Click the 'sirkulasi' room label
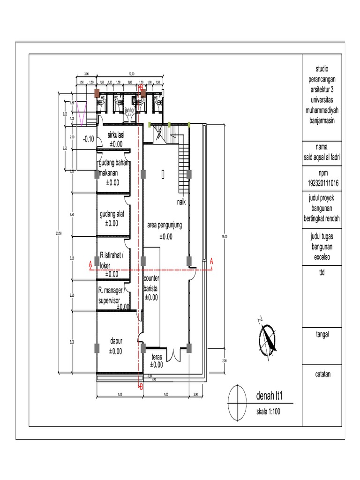[115, 135]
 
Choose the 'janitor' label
[129, 109]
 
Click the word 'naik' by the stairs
[181, 202]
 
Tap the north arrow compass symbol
[268, 337]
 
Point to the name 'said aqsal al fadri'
[322, 157]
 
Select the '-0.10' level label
[88, 139]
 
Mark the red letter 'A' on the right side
[211, 261]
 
